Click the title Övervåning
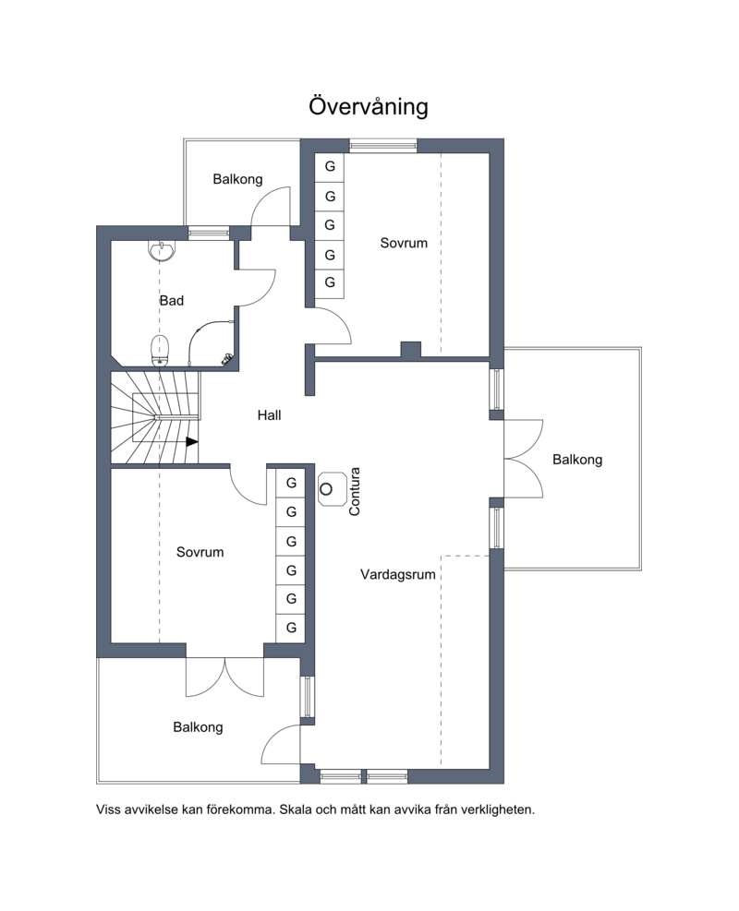click(368, 106)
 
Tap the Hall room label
click(269, 415)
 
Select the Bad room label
click(172, 300)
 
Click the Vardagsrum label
click(398, 575)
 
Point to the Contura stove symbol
click(332, 488)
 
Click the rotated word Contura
click(354, 492)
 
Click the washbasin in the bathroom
click(162, 251)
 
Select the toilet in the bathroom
click(161, 351)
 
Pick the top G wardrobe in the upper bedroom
click(330, 167)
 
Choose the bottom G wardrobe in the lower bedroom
click(291, 628)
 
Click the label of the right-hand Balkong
click(577, 461)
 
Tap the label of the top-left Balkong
click(237, 180)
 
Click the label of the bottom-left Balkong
click(198, 727)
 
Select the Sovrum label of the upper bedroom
click(404, 243)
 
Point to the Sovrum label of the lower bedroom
click(200, 552)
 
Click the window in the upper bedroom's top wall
click(383, 145)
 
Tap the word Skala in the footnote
click(297, 809)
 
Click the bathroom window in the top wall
click(209, 233)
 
